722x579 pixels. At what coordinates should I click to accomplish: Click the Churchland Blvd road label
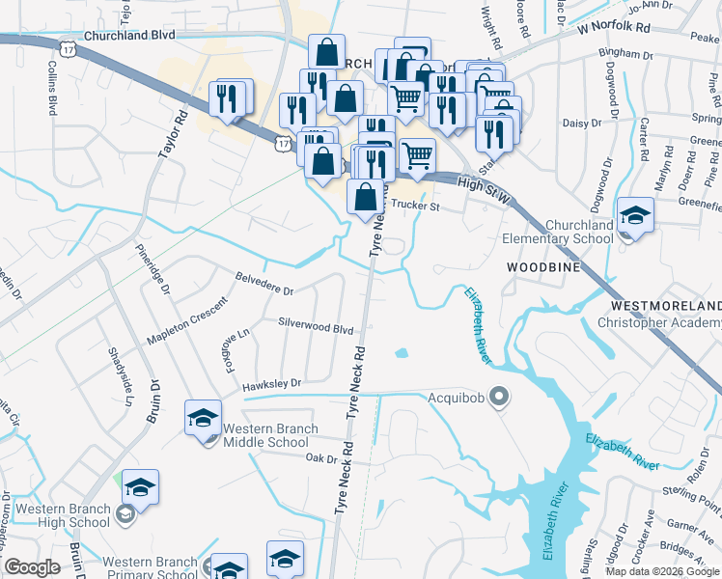pyautogui.click(x=130, y=35)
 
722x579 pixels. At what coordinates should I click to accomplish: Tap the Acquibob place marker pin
pyautogui.click(x=499, y=397)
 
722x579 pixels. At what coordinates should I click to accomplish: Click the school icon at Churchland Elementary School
pyautogui.click(x=635, y=217)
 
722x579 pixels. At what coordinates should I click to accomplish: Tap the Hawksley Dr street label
pyautogui.click(x=271, y=383)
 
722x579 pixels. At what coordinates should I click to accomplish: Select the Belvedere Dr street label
pyautogui.click(x=264, y=283)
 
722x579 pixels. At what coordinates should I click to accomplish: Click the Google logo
pyautogui.click(x=32, y=567)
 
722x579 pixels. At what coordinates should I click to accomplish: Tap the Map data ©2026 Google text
pyautogui.click(x=663, y=571)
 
